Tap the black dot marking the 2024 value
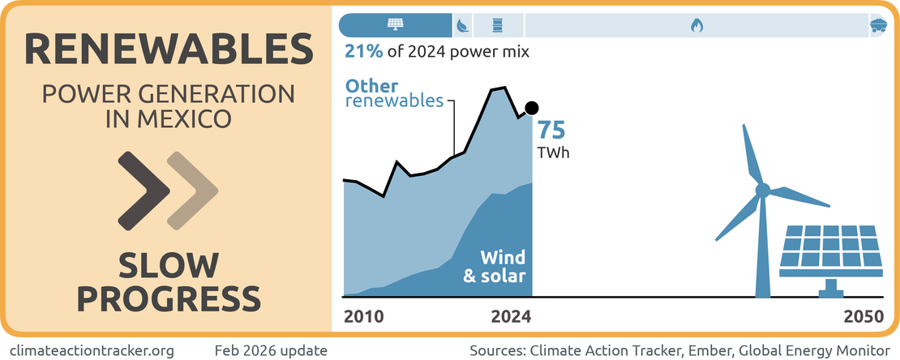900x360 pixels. pos(532,108)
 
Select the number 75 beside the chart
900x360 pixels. pos(551,131)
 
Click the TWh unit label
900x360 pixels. pos(553,152)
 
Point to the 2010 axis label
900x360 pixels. pos(364,316)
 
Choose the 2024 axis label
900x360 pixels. pos(511,316)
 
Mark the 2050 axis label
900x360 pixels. pos(863,316)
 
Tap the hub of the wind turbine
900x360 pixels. pos(762,191)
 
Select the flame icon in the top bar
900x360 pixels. pos(696,25)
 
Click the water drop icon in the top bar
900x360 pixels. pos(462,25)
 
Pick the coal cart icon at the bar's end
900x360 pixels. pos(877,25)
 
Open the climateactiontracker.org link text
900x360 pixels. pos(92,350)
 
